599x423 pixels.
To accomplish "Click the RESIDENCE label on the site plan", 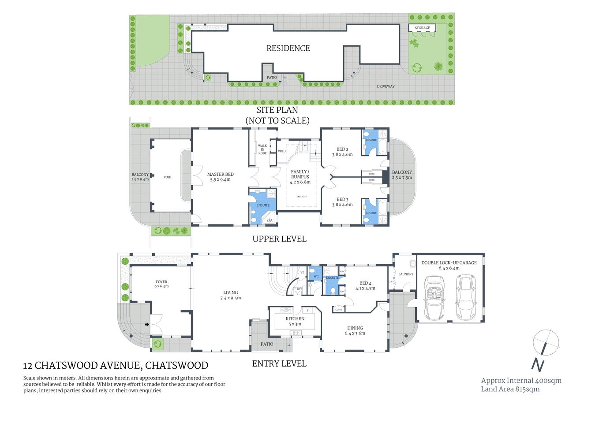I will [288, 48].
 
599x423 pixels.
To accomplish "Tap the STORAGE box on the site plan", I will [422, 28].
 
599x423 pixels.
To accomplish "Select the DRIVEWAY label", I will [386, 86].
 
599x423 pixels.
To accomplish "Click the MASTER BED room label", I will [221, 174].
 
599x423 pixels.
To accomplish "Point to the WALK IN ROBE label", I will [262, 149].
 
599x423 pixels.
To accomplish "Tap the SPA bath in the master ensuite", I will [269, 220].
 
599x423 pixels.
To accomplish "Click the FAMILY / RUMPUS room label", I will [300, 174].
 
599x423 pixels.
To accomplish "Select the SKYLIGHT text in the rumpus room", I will [301, 197].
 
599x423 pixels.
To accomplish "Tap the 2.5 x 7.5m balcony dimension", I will [402, 178].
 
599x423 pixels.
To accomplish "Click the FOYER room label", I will [161, 282].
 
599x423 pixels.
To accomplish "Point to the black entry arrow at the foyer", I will [147, 325].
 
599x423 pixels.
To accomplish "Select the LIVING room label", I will [230, 293].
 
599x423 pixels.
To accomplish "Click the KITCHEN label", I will [295, 319].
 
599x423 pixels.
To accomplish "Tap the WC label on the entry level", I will [316, 276].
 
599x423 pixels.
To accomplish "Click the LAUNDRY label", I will [406, 274].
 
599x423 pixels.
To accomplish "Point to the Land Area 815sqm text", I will [510, 389].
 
